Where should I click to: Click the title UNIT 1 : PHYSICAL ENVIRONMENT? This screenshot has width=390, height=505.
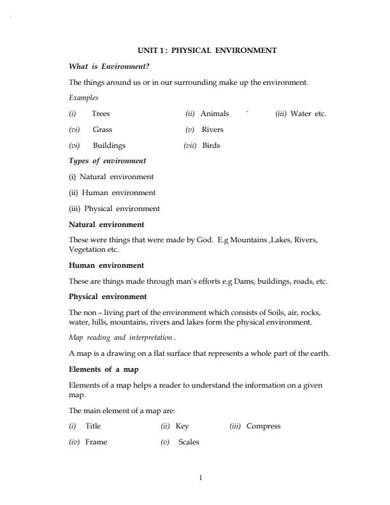pos(207,50)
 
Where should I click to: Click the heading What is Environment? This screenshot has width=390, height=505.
pos(108,66)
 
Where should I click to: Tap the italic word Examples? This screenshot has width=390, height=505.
pos(83,98)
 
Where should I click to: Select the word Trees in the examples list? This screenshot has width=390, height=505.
pos(101,113)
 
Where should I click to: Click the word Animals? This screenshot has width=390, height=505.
pos(215,113)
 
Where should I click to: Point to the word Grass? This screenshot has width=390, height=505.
pos(103,129)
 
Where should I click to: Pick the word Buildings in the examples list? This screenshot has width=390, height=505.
pos(109,145)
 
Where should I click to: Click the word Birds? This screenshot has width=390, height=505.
pos(211,145)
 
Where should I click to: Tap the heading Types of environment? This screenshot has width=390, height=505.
pos(107,161)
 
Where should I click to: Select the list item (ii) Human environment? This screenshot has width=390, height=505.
pos(112,192)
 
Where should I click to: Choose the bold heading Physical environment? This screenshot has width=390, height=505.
pos(108,296)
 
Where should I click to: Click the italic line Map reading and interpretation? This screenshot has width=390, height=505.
pos(120,337)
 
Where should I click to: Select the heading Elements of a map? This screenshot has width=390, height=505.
pos(104,369)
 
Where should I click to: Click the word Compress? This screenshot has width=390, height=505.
pos(263,426)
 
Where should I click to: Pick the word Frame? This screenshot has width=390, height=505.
pos(96,442)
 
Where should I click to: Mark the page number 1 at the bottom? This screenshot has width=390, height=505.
pos(200,478)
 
